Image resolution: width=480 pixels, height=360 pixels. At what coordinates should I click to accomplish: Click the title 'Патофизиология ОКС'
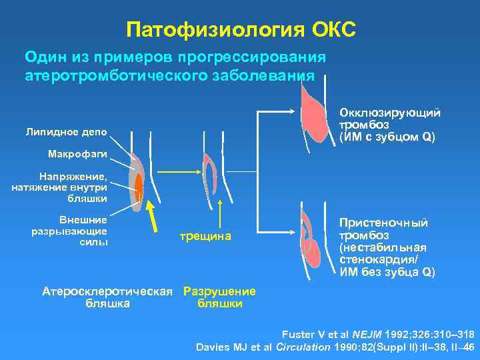(240, 29)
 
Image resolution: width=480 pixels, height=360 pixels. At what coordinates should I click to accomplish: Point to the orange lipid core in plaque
(139, 186)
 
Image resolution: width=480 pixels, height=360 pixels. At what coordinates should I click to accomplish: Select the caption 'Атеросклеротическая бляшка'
(108, 297)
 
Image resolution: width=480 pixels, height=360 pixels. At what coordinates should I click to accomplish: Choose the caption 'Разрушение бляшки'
(219, 297)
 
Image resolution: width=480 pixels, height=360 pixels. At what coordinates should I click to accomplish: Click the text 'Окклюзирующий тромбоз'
(389, 119)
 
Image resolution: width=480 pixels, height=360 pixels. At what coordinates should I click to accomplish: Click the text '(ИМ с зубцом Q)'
(387, 137)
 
